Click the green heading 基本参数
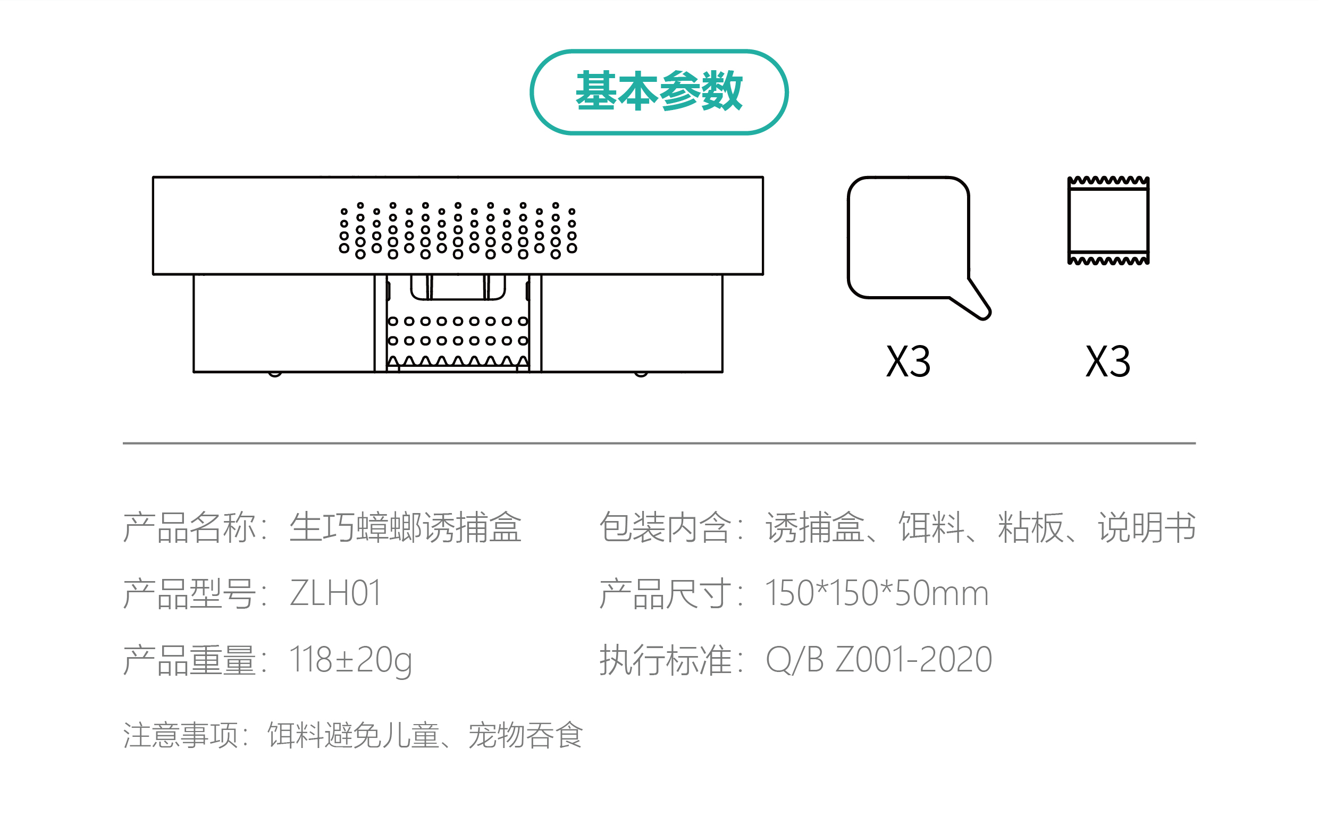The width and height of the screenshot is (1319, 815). point(659,91)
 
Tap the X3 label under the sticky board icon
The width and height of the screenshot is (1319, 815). point(908,362)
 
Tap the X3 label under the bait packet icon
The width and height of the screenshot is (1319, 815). point(1108,362)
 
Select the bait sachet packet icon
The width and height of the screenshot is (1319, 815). point(1108,221)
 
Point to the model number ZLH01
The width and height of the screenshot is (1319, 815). point(335,593)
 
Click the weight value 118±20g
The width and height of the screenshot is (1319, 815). point(350,660)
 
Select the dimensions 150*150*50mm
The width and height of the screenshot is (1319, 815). point(877,593)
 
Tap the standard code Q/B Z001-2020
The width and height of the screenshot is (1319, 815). point(879,660)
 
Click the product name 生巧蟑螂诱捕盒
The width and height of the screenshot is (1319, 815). point(405,527)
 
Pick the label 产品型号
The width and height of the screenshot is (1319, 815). point(189,593)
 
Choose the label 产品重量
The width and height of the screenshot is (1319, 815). point(189,660)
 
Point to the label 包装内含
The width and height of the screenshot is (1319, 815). point(665,527)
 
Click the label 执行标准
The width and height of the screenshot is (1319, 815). point(665,660)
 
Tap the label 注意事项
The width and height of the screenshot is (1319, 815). point(181,735)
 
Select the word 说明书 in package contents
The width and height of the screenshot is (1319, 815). point(1147,527)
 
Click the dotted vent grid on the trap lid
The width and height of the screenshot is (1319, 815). point(458,231)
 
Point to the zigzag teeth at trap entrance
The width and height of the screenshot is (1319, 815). point(458,361)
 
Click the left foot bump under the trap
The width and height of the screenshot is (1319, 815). point(275,374)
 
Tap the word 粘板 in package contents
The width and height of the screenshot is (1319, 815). point(1031,527)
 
